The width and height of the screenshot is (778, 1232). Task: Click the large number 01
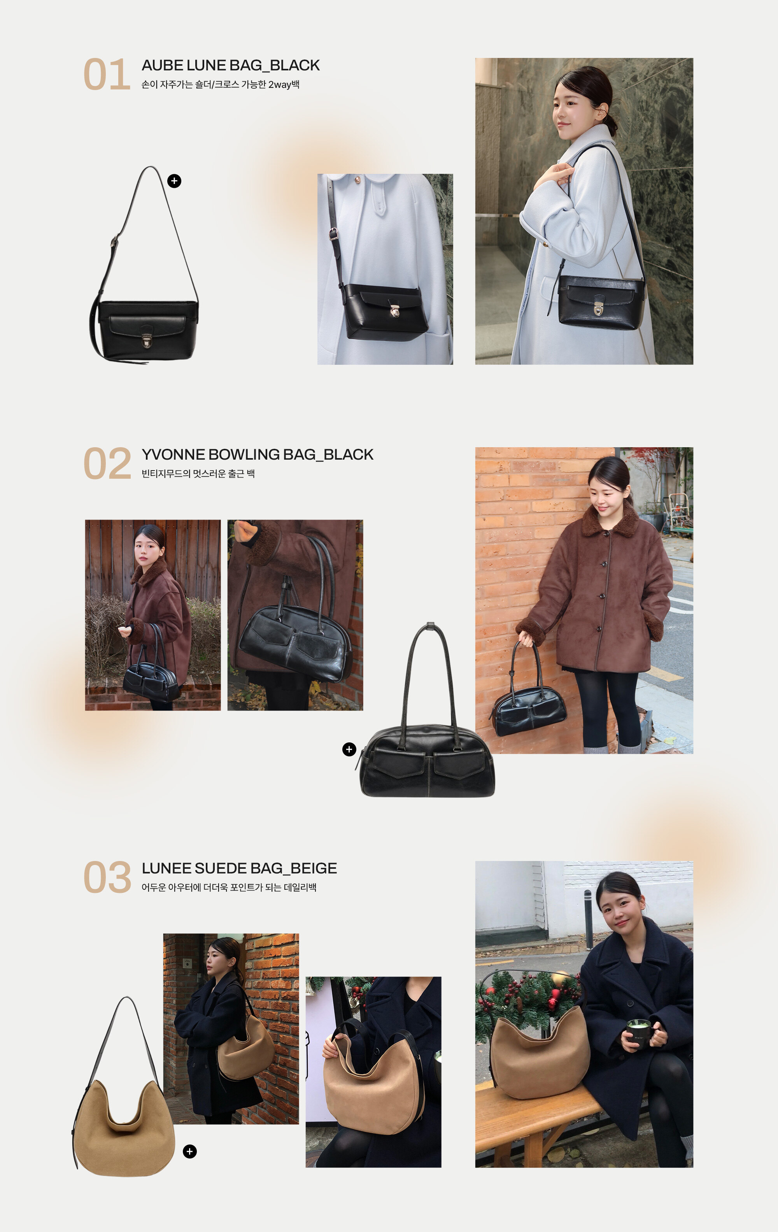point(107,74)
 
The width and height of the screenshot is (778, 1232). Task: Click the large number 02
point(107,464)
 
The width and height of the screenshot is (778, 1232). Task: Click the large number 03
point(107,877)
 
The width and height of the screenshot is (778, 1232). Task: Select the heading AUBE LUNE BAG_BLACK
point(230,65)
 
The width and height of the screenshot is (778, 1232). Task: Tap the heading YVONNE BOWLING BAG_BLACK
point(258,454)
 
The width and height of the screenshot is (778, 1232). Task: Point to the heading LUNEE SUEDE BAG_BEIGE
point(239,868)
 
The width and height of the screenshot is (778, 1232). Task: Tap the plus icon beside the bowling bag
point(349,749)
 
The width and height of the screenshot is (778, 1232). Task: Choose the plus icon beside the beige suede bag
point(190,1151)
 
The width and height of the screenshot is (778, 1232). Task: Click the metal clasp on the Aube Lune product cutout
point(146,340)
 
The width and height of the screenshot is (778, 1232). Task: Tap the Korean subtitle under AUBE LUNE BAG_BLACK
point(220,84)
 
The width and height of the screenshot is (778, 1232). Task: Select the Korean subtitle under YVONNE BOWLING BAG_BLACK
point(198,474)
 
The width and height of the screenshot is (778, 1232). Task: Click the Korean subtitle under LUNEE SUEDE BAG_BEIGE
point(229,887)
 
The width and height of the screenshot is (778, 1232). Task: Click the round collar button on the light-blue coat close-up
point(356,180)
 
